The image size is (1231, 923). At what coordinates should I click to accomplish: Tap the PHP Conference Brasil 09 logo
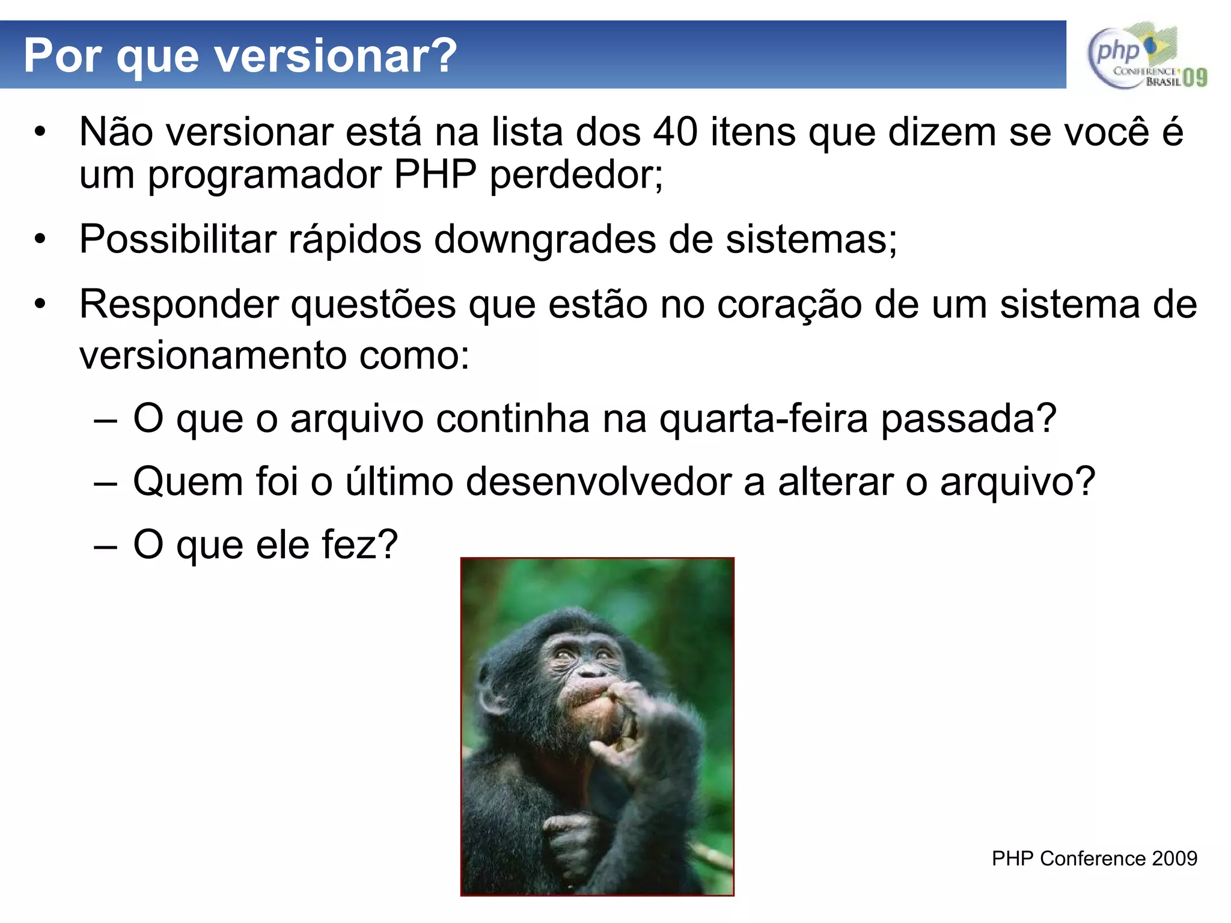coord(1147,56)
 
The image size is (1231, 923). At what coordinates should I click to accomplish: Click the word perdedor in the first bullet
coord(575,175)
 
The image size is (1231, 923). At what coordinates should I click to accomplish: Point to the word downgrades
coord(545,239)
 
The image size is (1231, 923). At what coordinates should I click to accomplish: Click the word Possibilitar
coord(178,239)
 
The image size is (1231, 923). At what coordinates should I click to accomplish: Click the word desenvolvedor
coord(598,481)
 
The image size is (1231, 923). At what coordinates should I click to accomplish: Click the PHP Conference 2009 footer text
coord(1094,858)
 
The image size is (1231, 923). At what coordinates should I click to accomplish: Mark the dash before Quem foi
coord(105,483)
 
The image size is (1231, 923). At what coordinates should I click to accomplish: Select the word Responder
coord(179,304)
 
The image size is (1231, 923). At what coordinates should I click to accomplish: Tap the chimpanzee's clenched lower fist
coord(568,835)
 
